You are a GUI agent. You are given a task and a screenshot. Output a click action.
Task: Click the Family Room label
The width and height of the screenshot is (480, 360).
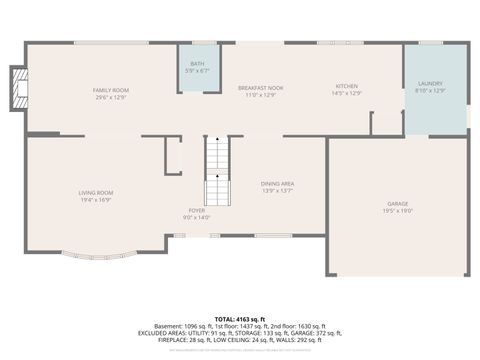112,90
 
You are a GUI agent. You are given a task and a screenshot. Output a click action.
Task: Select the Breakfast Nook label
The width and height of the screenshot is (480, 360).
261,88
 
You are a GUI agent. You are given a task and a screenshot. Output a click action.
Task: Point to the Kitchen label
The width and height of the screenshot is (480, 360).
347,87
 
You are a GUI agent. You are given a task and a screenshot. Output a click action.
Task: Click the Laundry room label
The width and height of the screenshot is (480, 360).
430,84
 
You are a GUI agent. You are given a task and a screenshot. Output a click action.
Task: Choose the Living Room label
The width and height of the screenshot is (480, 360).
97,192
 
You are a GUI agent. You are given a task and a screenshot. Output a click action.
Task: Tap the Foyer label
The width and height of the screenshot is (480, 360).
197,211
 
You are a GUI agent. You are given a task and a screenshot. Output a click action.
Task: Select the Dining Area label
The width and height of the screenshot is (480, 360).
277,184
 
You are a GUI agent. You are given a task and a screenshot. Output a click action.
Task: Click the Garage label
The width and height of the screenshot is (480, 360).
398,203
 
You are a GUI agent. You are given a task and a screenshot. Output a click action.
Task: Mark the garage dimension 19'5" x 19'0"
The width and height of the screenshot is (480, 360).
398,211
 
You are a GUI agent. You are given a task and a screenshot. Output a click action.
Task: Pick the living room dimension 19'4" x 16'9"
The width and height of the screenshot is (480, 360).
97,199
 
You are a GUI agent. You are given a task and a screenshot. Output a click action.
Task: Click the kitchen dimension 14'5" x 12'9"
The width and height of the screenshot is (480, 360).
347,94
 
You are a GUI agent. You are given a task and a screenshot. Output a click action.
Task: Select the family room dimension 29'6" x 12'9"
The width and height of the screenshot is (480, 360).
112,97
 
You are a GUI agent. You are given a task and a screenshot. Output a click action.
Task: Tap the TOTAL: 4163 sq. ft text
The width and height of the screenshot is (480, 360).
240,317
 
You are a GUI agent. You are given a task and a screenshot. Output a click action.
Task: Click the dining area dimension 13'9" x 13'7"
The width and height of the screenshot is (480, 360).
277,191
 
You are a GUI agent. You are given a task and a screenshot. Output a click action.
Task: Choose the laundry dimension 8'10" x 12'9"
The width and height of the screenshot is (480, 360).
430,91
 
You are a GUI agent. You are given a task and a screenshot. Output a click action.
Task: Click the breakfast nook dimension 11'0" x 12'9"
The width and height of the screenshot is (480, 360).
261,95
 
